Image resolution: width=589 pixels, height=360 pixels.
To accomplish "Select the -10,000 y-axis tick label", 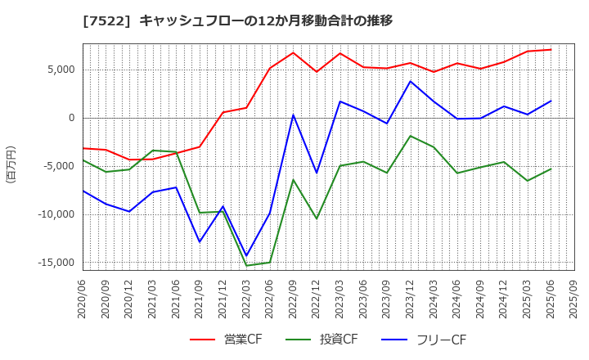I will tap(53, 214).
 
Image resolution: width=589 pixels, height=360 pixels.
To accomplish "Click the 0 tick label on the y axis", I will tap(71, 118).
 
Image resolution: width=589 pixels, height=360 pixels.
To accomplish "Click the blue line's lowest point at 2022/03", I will tap(246, 256).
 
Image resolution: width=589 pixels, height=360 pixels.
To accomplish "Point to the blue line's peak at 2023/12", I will tap(411, 81).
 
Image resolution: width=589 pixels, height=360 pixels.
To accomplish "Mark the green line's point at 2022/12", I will tap(317, 218).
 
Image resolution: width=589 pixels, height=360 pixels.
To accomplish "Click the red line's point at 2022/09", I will tap(293, 53).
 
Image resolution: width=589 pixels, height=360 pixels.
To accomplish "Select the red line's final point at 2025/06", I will tap(551, 50).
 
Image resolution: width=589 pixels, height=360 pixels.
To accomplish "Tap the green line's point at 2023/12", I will tap(411, 136).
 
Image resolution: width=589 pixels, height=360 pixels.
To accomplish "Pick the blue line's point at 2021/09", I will tap(200, 242).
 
